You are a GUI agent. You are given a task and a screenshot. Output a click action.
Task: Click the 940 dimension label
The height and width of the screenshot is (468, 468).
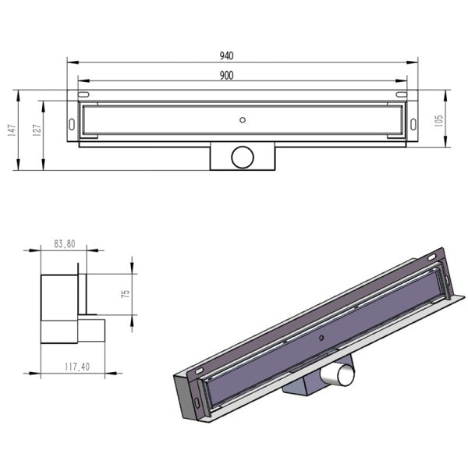click(x=226, y=56)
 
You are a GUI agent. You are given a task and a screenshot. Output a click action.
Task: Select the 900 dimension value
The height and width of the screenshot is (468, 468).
click(x=226, y=76)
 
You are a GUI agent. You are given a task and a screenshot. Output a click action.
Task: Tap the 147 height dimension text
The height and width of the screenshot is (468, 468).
click(x=12, y=130)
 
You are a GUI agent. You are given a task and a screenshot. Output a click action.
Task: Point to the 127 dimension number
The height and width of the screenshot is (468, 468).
click(x=37, y=130)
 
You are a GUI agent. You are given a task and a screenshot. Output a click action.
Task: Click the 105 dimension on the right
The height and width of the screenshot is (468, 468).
click(x=438, y=121)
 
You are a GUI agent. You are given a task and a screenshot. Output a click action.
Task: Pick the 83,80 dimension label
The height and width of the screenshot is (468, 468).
click(x=65, y=244)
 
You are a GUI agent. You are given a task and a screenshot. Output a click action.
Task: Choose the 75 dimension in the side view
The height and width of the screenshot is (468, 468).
click(x=126, y=294)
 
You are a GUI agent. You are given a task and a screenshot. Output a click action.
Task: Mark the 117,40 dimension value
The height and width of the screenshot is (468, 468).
click(x=77, y=367)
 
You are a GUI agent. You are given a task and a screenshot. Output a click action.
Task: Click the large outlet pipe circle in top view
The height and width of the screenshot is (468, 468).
click(x=243, y=158)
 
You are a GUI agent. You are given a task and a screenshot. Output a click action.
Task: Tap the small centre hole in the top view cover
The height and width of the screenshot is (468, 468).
click(x=243, y=120)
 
